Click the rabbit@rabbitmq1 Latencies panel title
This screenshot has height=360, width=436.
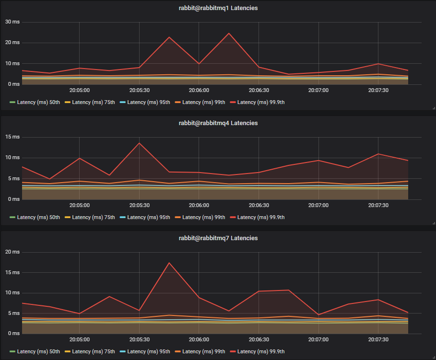point(218,8)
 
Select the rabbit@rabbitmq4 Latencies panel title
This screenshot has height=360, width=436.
point(218,123)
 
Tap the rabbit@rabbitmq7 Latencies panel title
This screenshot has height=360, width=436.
point(218,238)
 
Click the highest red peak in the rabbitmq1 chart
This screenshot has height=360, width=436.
point(229,34)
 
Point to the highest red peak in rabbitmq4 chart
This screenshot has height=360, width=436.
point(139,143)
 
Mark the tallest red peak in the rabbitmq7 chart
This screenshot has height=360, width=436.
point(169,263)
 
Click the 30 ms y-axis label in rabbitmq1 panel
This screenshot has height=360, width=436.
point(12,22)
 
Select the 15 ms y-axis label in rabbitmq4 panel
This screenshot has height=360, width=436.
point(12,137)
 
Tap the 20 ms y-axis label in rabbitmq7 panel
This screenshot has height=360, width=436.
point(12,252)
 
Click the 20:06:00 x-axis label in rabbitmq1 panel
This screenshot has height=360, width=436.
point(199,90)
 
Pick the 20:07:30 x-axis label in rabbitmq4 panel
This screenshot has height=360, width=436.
point(378,205)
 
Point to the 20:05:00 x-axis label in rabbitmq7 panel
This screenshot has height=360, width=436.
point(80,339)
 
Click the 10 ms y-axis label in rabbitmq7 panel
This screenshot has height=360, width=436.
point(12,292)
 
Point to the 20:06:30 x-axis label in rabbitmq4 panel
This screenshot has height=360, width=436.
point(259,205)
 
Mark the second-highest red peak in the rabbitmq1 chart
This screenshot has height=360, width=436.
point(169,37)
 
